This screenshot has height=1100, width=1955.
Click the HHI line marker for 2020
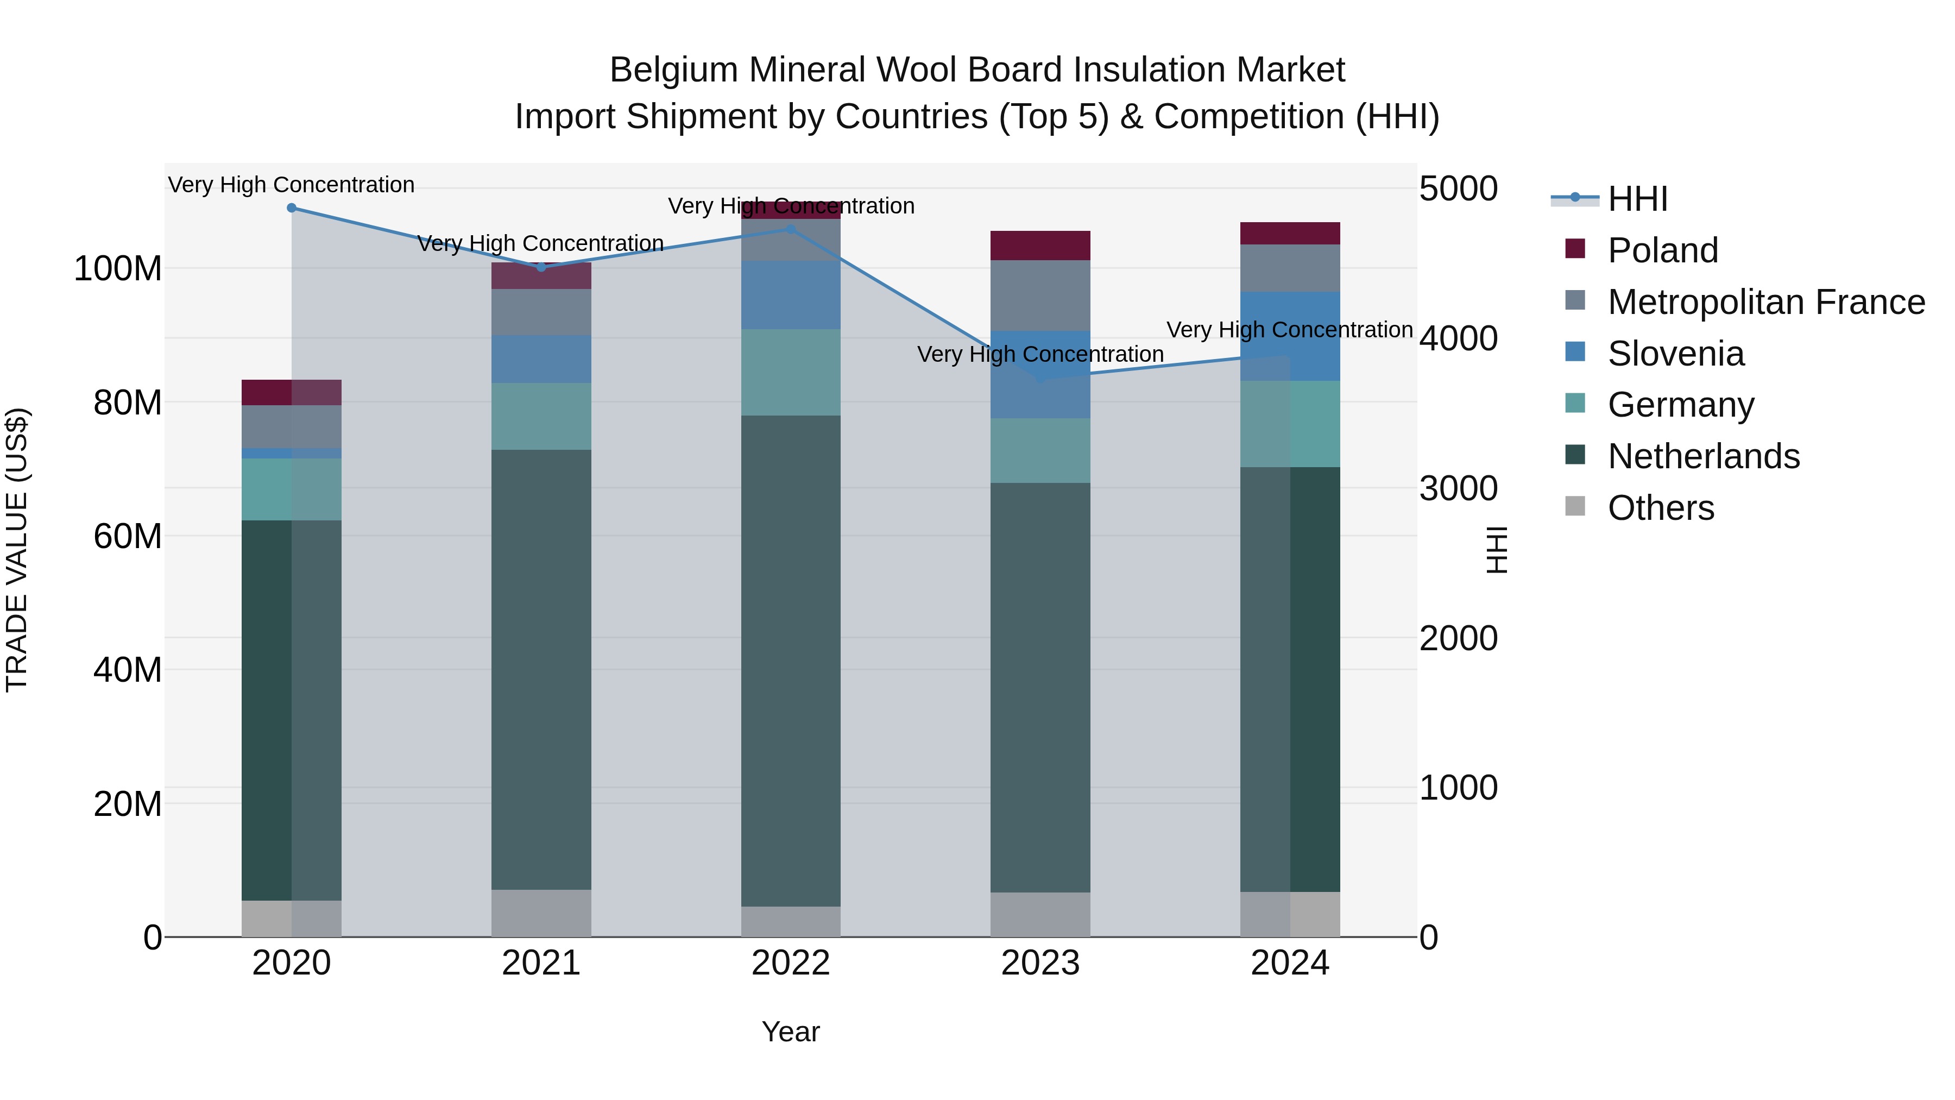pos(292,208)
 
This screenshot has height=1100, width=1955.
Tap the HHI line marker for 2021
pos(541,267)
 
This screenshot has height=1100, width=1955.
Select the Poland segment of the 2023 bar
pos(1040,245)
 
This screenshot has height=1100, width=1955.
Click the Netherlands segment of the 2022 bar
pos(791,661)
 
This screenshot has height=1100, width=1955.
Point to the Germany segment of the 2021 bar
pos(541,416)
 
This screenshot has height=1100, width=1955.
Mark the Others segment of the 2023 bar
pos(1040,914)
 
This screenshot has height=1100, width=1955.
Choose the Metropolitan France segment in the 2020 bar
pos(292,426)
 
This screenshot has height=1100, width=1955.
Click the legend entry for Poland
pos(1662,250)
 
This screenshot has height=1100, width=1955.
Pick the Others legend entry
pos(1661,508)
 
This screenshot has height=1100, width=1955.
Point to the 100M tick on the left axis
pos(118,269)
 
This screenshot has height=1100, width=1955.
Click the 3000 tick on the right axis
pos(1458,489)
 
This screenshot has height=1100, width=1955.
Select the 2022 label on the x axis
pos(791,963)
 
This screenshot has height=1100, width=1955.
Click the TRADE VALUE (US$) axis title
pos(17,550)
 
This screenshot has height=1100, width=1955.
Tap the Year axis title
pos(791,1032)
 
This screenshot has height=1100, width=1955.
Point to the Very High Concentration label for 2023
pos(1040,355)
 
